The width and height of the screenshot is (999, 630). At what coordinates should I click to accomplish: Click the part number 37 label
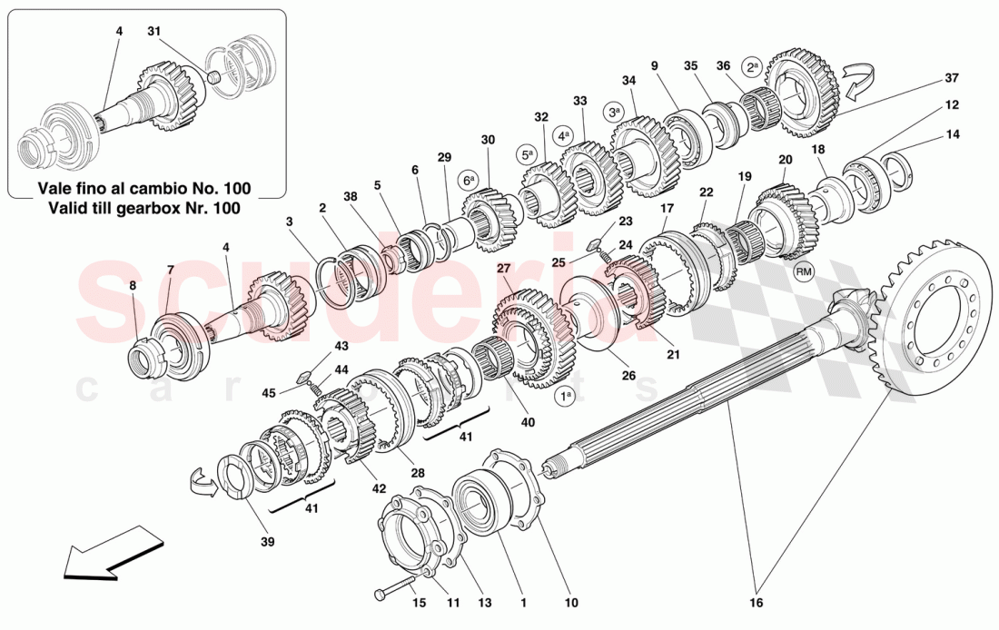coord(951,78)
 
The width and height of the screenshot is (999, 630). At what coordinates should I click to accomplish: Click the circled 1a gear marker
coord(565,397)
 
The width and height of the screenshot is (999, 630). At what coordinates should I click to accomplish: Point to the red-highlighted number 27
coord(503,268)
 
